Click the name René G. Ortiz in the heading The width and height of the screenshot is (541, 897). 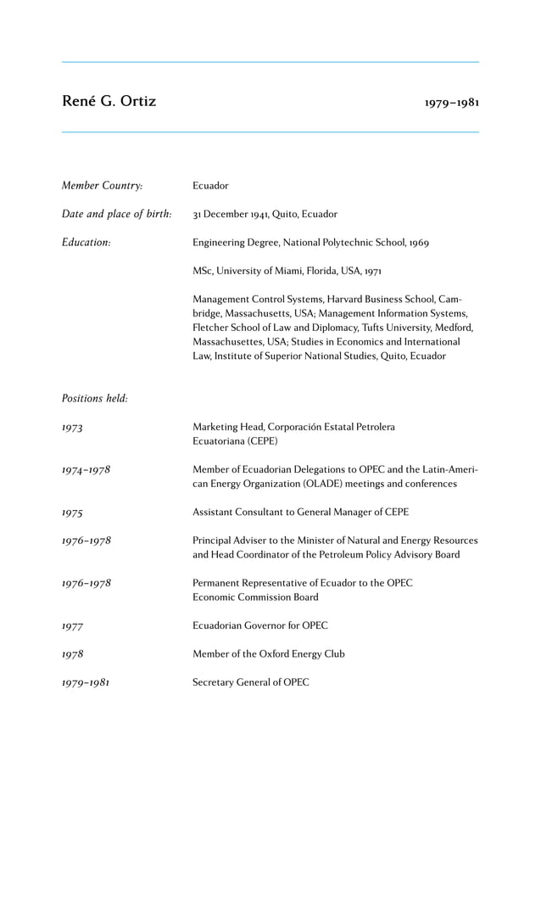[109, 102]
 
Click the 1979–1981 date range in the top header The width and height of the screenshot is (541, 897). [452, 103]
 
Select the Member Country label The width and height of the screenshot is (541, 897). [102, 186]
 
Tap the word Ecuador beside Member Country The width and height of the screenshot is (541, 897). [210, 186]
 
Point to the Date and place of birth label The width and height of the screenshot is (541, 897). [116, 214]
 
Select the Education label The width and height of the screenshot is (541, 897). [86, 243]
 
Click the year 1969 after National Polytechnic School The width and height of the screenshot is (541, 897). [418, 243]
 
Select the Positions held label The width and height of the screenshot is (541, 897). [94, 399]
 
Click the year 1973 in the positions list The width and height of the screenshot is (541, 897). [72, 428]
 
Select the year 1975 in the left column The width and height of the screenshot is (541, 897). [72, 513]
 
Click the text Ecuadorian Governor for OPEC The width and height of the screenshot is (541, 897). [259, 625]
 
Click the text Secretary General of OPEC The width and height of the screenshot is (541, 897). [250, 682]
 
